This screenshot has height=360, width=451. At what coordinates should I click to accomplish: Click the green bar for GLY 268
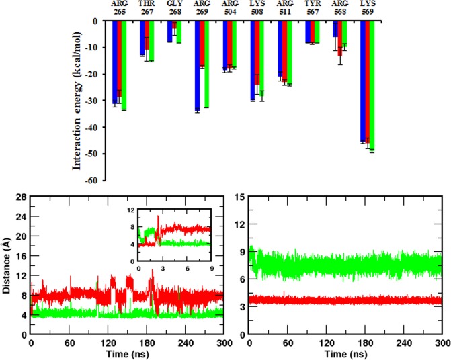pyautogui.click(x=179, y=32)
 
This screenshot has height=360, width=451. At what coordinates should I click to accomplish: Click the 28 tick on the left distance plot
pyautogui.click(x=22, y=197)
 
